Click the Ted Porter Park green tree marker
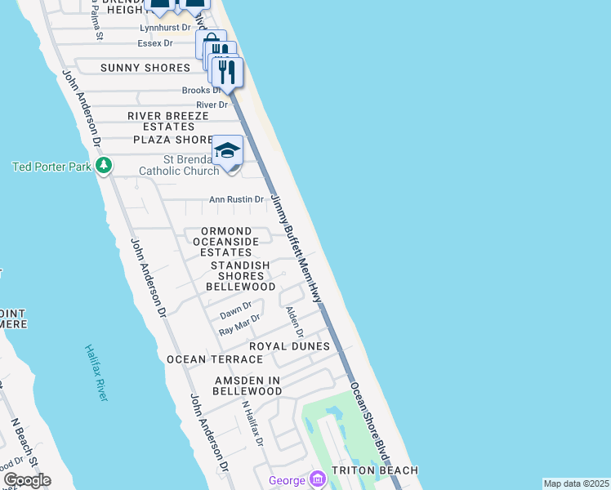(103, 167)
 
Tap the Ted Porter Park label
(51, 167)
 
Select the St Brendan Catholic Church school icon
(228, 151)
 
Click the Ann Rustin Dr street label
(236, 199)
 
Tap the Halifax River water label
(96, 372)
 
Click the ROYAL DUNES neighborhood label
(289, 346)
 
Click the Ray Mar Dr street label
(239, 325)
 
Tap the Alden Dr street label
(294, 323)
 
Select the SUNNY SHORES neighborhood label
(145, 68)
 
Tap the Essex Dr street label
(155, 42)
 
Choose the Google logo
(27, 479)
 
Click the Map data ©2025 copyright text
(575, 483)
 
